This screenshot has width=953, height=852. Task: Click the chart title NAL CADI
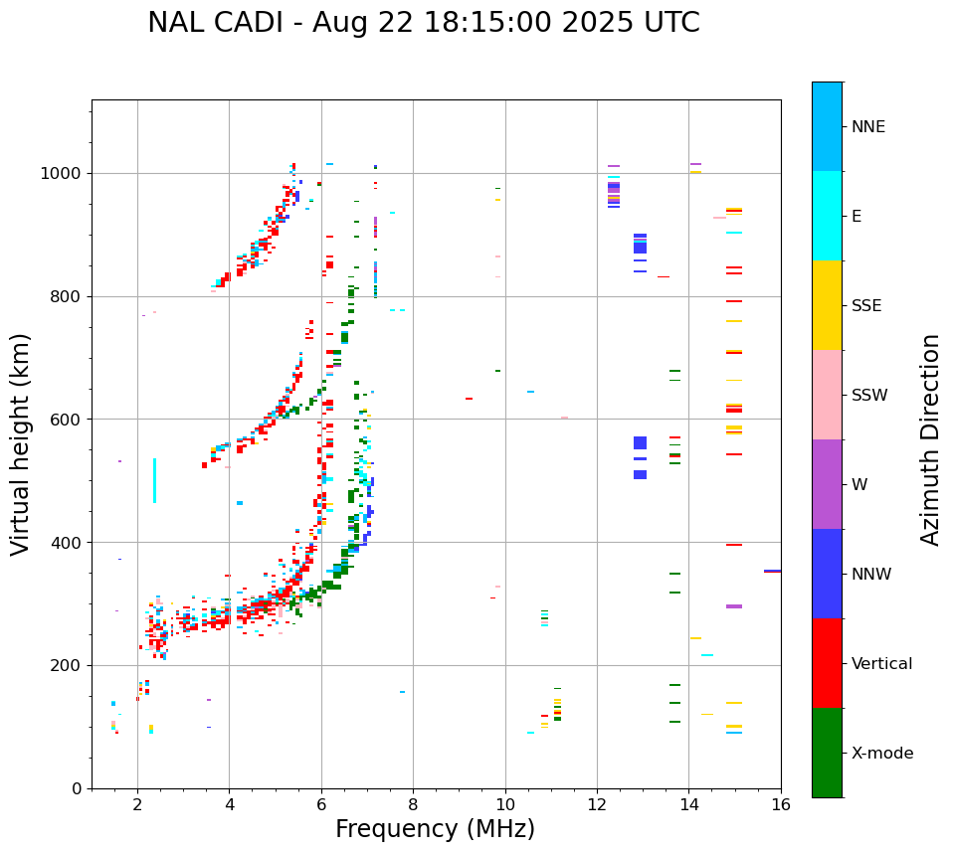tap(423, 23)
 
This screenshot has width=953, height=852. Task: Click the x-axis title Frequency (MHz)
tap(435, 829)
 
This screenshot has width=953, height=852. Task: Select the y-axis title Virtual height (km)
tap(21, 444)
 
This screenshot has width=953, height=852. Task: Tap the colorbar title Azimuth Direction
tap(930, 439)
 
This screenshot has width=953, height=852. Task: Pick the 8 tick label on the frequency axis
tap(413, 804)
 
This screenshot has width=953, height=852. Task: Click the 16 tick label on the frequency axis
tap(781, 804)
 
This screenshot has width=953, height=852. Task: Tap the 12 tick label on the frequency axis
tap(597, 804)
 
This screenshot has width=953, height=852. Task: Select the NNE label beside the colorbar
tap(867, 127)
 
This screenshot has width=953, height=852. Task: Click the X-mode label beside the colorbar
tap(882, 754)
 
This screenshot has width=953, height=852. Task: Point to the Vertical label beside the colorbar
tap(881, 664)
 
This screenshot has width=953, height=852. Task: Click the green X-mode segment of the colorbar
tap(827, 753)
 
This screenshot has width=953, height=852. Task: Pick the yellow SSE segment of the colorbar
tap(827, 305)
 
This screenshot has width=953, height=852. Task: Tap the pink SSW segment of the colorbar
tap(827, 395)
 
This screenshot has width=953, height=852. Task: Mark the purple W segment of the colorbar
tap(827, 484)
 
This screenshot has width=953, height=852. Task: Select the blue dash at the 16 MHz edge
tap(772, 571)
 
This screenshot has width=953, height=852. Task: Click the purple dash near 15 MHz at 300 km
tap(734, 605)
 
